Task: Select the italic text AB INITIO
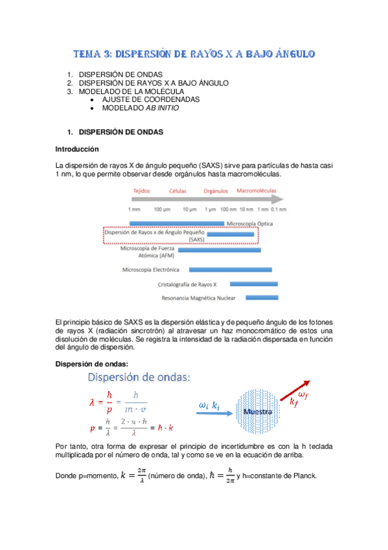(x=161, y=108)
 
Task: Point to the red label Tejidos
(x=141, y=192)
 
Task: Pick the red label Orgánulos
(x=216, y=192)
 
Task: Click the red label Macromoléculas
(x=257, y=192)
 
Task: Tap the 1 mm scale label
(x=134, y=209)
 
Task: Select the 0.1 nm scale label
(x=279, y=209)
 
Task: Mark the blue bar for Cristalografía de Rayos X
(x=254, y=283)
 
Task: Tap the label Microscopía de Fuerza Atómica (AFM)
(x=152, y=252)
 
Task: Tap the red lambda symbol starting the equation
(x=92, y=402)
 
